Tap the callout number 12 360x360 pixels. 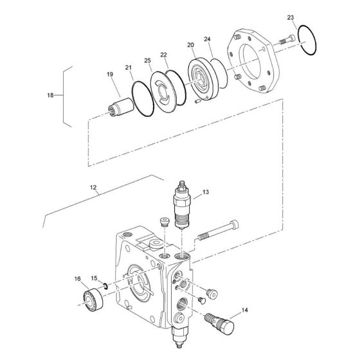(x=94, y=189)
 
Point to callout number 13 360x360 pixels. (x=205, y=192)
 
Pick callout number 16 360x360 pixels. (x=77, y=280)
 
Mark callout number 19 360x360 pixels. (x=110, y=75)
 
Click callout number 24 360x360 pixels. (x=208, y=40)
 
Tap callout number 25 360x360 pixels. (x=147, y=60)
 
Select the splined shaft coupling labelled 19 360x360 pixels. (x=118, y=105)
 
